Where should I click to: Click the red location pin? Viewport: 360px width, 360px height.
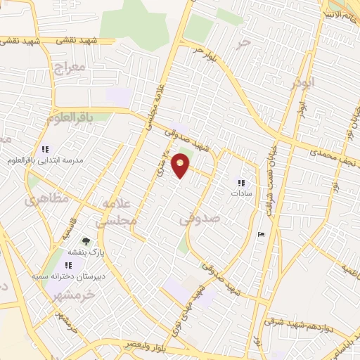click(181, 165)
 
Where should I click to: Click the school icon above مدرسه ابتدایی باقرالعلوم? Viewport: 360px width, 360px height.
click(46, 150)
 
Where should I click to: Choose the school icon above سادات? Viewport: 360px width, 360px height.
click(241, 183)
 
